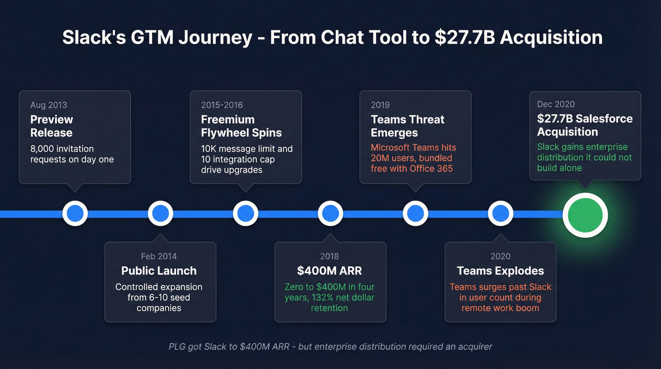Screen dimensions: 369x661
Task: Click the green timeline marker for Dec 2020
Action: tap(585, 215)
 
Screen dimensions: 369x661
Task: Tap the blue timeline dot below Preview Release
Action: tap(75, 214)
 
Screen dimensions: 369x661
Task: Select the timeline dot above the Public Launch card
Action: tap(161, 214)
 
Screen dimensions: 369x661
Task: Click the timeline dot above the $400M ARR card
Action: tap(330, 214)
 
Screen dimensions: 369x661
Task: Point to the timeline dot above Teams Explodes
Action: tap(500, 214)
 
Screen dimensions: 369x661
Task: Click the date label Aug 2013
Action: tap(49, 105)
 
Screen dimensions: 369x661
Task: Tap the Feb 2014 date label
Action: tap(159, 257)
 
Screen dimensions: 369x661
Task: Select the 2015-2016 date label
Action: tap(222, 105)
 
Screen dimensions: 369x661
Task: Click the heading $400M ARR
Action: tap(330, 271)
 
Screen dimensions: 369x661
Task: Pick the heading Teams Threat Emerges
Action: tap(407, 126)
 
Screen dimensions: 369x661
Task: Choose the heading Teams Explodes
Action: tap(500, 271)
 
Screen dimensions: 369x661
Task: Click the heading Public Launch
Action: tap(159, 271)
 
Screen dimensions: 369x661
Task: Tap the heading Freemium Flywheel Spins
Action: tap(241, 126)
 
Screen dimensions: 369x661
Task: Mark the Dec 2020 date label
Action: tap(556, 104)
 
